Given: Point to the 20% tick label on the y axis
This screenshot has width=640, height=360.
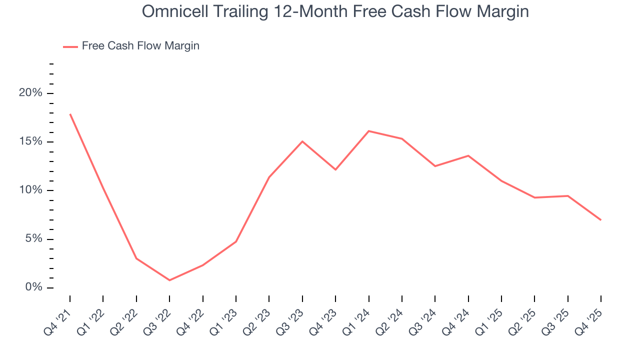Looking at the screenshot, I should pyautogui.click(x=31, y=93).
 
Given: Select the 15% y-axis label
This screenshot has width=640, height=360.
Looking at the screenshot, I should pyautogui.click(x=31, y=142).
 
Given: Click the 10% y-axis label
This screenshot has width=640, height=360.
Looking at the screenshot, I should pyautogui.click(x=31, y=190).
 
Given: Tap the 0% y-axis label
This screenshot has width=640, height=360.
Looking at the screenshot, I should pyautogui.click(x=35, y=287).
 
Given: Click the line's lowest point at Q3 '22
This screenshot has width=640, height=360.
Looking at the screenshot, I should pyautogui.click(x=169, y=280).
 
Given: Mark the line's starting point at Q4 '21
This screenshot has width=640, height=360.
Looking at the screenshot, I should pyautogui.click(x=70, y=114).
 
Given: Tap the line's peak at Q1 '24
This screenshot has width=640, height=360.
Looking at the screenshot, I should pyautogui.click(x=368, y=131).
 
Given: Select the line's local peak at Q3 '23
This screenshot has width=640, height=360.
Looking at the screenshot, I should pyautogui.click(x=302, y=141).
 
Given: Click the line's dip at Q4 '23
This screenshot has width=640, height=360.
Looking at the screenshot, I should pyautogui.click(x=335, y=169).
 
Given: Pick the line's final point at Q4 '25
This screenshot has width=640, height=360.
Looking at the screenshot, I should pyautogui.click(x=600, y=220).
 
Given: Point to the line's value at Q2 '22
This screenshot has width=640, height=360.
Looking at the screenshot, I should pyautogui.click(x=136, y=258).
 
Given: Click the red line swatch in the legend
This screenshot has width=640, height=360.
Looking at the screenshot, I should pyautogui.click(x=70, y=46).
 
